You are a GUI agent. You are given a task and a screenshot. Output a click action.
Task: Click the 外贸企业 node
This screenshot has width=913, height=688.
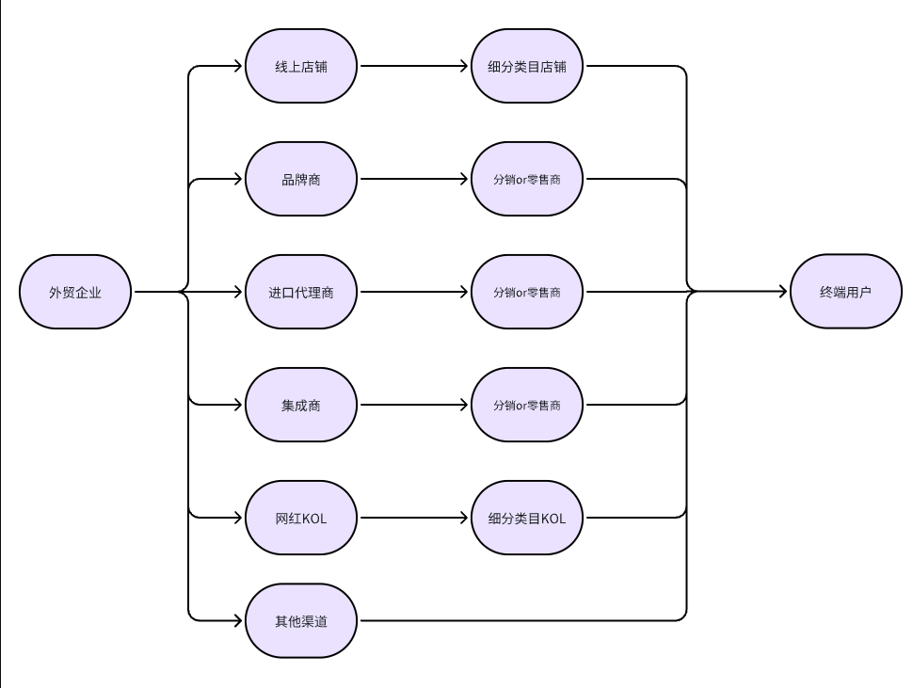pos(75,292)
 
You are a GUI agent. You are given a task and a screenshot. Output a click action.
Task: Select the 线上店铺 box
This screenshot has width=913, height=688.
pos(301,66)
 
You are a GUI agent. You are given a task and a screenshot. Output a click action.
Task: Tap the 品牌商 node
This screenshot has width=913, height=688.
pos(301,179)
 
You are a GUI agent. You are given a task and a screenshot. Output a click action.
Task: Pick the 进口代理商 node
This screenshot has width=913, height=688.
pos(301,292)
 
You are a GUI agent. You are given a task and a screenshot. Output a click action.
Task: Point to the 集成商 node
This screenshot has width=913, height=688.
pos(301,405)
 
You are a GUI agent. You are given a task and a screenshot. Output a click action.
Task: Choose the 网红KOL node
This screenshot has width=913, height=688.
pos(301,518)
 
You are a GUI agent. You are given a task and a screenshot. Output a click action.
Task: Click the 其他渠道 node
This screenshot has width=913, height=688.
pos(301,620)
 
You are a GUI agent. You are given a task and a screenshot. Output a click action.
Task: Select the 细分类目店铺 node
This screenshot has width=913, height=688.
pos(527,66)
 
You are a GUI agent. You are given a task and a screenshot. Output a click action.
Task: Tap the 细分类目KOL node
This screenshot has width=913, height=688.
pos(527,518)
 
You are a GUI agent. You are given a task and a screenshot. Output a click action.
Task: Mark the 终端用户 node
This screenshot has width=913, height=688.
pos(846,291)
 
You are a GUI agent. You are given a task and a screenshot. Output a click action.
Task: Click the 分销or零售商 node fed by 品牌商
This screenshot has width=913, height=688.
pos(527,179)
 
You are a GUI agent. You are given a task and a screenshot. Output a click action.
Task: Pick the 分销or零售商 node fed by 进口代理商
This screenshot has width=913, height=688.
pos(527,292)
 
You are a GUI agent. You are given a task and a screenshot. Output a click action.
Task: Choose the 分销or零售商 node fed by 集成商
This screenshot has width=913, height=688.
pos(527,405)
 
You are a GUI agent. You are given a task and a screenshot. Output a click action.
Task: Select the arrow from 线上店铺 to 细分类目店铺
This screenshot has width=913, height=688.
pos(414,66)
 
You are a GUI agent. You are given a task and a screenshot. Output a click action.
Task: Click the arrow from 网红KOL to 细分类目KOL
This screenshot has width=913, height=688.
pos(414,518)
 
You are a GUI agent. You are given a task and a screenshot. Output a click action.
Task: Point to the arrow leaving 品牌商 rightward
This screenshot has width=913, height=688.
pos(414,179)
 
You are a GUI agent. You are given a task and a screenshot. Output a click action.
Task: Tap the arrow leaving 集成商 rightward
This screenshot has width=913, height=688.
pos(414,405)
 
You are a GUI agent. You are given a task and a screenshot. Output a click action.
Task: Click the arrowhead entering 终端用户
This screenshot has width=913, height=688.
pos(783,291)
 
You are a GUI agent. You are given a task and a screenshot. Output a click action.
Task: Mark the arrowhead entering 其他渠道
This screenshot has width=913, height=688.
pos(238,620)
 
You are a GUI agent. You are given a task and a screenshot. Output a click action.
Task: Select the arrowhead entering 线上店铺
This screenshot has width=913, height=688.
pos(238,66)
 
